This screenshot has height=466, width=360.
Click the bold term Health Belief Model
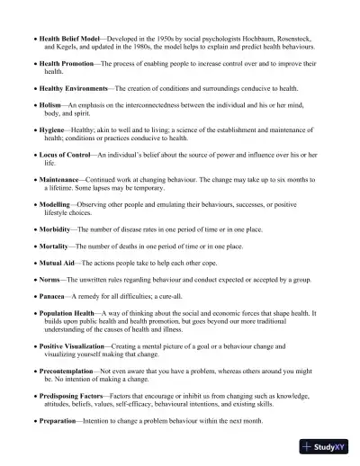69,40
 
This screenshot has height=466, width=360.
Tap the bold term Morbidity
57,229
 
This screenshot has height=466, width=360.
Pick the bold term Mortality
57,246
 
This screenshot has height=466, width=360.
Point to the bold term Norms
49,280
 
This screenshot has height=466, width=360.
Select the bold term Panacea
53,296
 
